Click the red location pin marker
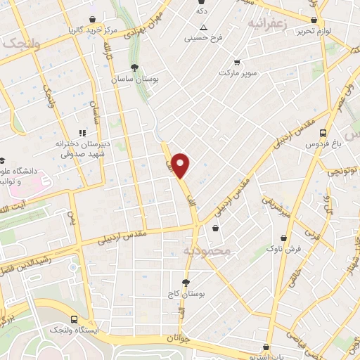point(181,165)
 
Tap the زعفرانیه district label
point(268,23)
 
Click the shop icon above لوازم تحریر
point(314,20)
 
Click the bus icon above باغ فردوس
point(323,132)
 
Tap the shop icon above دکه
point(202,2)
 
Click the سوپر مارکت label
point(240,72)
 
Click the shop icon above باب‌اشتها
point(266,346)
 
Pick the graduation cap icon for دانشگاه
point(3,160)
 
